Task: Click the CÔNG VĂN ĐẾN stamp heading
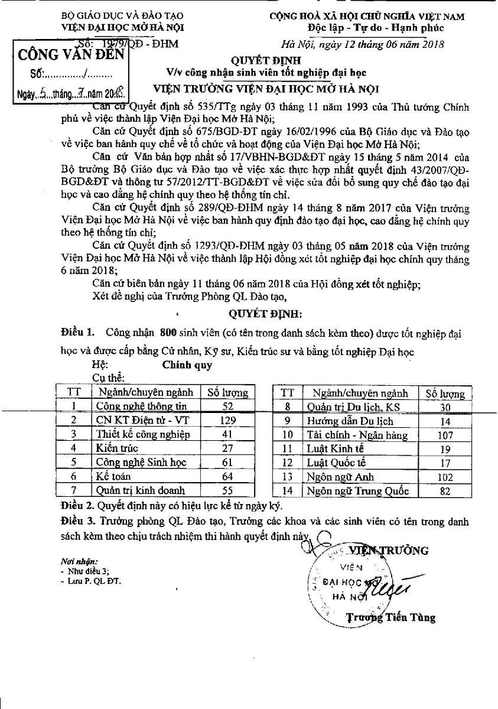tap(71, 56)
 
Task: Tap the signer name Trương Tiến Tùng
tap(390, 618)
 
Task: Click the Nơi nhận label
tap(79, 561)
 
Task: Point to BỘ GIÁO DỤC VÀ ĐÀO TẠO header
tap(113, 17)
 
